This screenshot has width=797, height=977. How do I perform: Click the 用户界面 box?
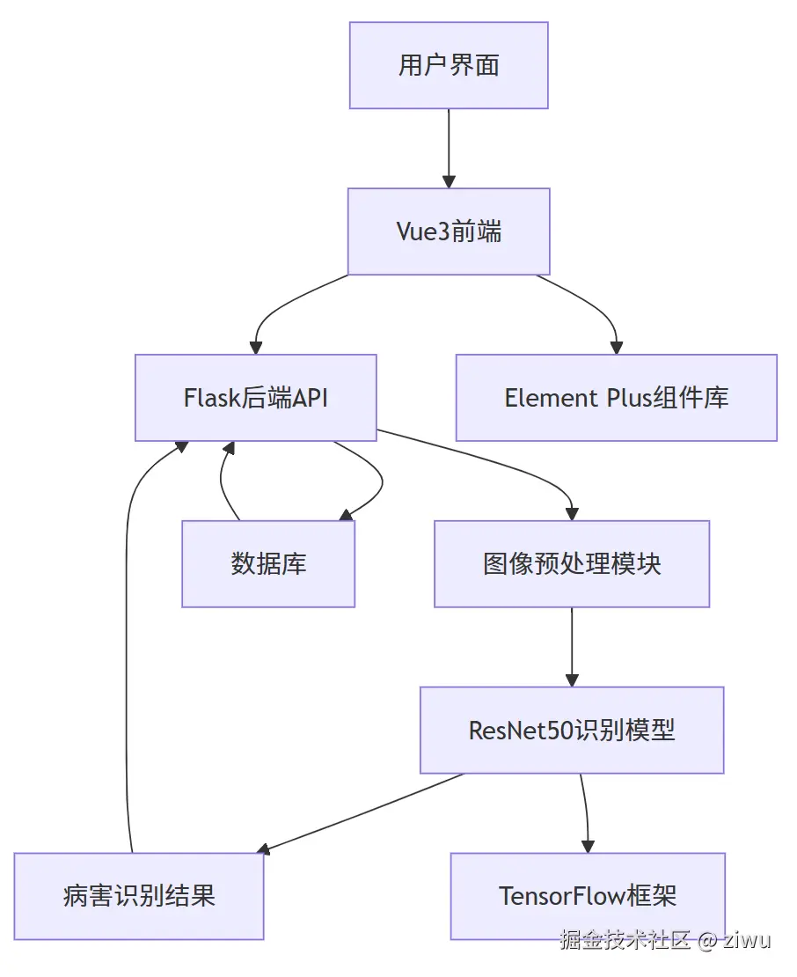[x=449, y=66]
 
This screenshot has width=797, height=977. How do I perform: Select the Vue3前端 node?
[x=449, y=231]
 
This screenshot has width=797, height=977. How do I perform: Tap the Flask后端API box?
[x=255, y=398]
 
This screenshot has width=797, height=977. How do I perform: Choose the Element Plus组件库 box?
[x=616, y=398]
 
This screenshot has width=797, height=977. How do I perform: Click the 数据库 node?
[x=268, y=564]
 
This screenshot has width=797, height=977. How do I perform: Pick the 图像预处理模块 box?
[x=572, y=564]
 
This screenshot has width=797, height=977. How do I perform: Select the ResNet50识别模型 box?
[x=572, y=731]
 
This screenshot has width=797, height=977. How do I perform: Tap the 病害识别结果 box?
[x=139, y=896]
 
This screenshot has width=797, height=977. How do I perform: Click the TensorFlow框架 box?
[x=588, y=896]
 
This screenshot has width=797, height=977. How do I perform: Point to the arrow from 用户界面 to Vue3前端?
[x=449, y=145]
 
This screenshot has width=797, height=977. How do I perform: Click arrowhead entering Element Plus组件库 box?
[x=616, y=347]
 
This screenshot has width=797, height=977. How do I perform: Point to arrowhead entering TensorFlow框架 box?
[x=587, y=846]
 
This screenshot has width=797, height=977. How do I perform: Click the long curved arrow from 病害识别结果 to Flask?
[x=128, y=660]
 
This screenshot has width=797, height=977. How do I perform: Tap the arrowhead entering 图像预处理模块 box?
[x=572, y=513]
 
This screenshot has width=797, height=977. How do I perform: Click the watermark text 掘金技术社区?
[x=626, y=940]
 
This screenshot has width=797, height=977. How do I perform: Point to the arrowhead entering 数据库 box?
[x=346, y=516]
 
